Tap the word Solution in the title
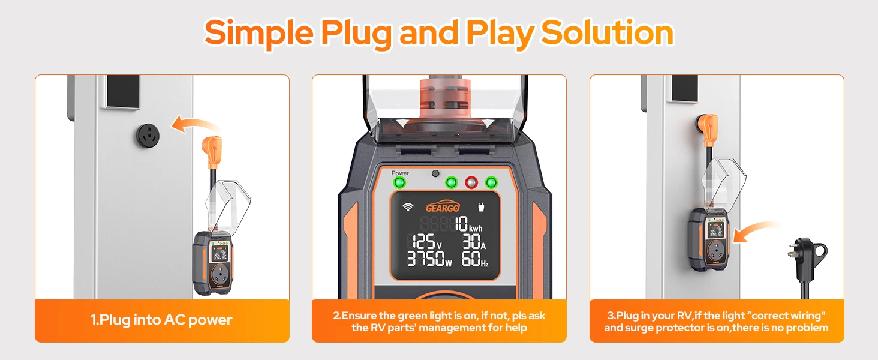click(x=607, y=32)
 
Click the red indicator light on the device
click(x=471, y=182)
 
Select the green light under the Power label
click(x=399, y=183)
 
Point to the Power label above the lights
click(x=400, y=173)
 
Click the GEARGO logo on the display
click(x=443, y=207)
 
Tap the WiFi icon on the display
click(x=408, y=207)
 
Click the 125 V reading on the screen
click(x=425, y=242)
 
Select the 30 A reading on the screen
click(x=474, y=242)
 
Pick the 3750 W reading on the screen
click(x=429, y=259)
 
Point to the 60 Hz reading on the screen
click(x=474, y=259)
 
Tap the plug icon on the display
click(x=481, y=207)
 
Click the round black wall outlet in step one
click(x=148, y=136)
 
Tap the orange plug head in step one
click(x=212, y=151)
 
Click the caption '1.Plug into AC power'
click(x=161, y=320)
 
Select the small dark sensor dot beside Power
click(x=435, y=173)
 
